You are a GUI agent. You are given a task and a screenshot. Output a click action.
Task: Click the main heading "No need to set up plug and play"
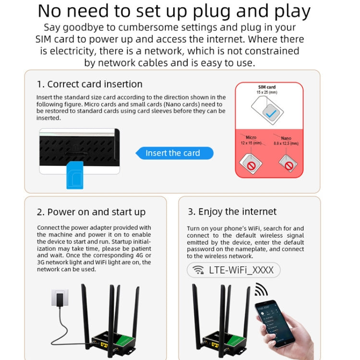pos(174,11)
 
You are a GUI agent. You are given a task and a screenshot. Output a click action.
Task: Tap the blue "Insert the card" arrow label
pos(173,153)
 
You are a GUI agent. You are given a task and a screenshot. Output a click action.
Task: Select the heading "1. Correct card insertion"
pos(90,84)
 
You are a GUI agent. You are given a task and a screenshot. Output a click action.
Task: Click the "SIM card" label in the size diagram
pos(267,87)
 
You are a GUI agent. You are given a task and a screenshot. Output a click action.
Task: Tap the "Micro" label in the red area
pos(251,137)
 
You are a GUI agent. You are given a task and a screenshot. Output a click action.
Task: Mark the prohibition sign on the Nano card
pos(289,166)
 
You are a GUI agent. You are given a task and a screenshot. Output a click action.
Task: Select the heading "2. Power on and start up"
pos(91,212)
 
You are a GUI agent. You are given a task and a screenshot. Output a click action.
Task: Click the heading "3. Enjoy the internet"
pos(232,211)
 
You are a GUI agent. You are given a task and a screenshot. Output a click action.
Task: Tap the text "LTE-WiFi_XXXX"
pos(241,270)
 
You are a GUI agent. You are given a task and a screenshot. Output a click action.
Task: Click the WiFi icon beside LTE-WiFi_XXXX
pos(198,270)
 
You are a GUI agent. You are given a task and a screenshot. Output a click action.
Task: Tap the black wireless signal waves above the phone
pos(261,290)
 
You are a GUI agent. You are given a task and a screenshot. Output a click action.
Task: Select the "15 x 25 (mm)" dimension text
pos(267,92)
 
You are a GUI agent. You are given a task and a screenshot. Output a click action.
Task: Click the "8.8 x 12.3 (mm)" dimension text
pos(286,143)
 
